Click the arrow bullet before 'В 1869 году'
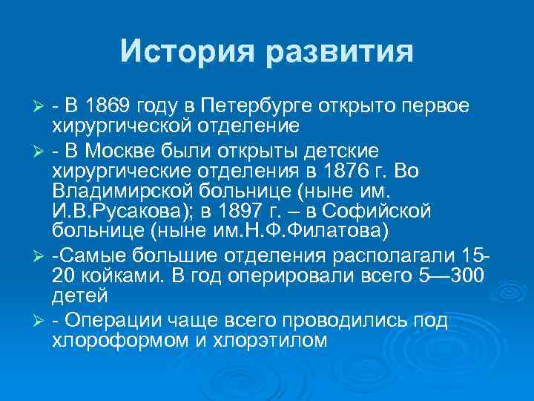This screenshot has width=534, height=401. [41, 107]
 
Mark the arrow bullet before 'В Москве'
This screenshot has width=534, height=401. [41, 153]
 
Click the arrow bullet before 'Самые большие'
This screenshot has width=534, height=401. [41, 258]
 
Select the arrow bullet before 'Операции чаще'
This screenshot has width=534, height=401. [41, 322]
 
